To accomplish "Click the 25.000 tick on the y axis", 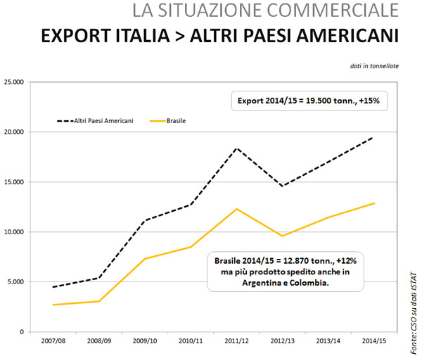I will (13, 82).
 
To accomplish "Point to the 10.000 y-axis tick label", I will (13, 232).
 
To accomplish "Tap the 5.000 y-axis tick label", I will (15, 282).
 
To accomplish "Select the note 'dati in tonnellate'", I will (374, 66).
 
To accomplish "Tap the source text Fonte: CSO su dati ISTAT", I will (411, 305).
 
